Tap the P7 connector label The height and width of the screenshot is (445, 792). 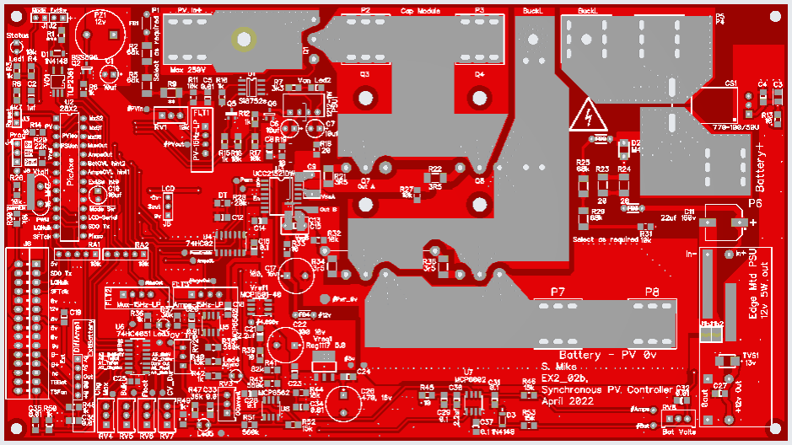[x=558, y=292]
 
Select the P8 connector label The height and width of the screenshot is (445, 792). [x=652, y=292]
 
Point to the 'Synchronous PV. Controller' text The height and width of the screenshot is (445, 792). [x=607, y=391]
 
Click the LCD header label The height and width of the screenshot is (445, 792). [x=168, y=189]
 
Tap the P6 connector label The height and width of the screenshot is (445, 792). [x=755, y=203]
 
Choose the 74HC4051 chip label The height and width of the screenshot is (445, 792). [x=133, y=335]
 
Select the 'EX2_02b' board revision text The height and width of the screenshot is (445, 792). [x=563, y=379]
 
